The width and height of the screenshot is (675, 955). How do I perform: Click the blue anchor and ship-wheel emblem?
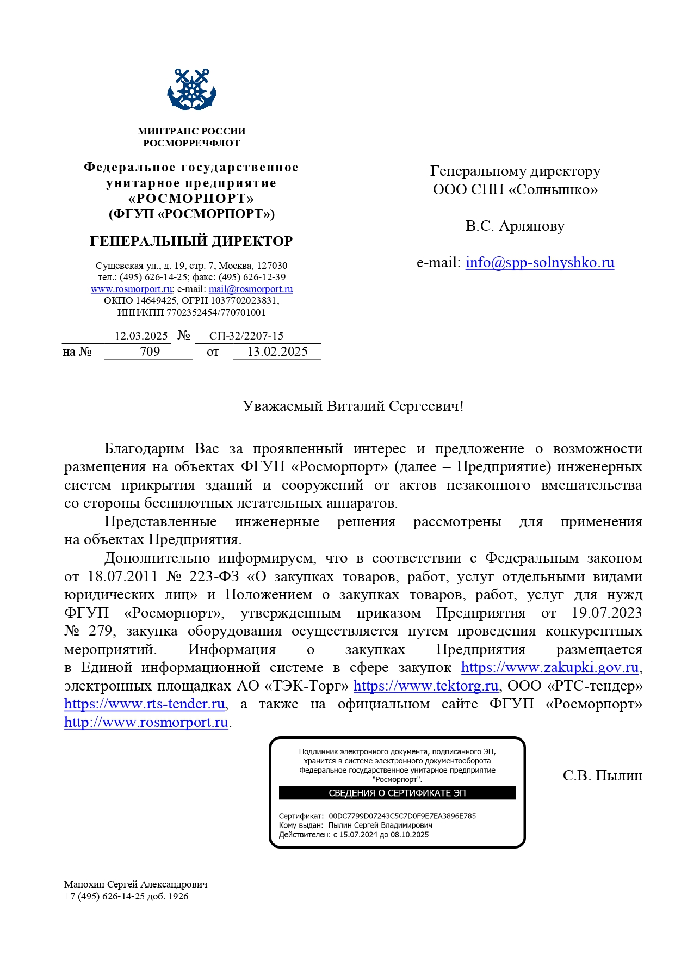tap(191, 90)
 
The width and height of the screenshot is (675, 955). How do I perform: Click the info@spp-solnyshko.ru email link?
tap(540, 262)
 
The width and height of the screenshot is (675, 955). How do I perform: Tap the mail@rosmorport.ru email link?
tap(251, 289)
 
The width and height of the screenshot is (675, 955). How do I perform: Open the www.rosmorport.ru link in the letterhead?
tap(131, 289)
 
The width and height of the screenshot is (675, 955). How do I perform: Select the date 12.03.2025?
tap(141, 336)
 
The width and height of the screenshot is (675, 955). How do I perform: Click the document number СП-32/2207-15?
tap(246, 336)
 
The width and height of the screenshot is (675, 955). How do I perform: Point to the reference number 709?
tap(150, 352)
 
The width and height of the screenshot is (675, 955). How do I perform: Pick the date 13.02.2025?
tap(277, 352)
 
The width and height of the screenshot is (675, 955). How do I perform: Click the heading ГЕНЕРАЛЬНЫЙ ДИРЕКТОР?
tap(191, 241)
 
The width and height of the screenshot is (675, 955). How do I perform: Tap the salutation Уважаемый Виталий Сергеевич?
tap(353, 406)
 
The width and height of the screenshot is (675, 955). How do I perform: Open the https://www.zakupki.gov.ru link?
tap(549, 667)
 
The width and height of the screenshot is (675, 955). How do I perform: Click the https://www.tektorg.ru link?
tap(426, 686)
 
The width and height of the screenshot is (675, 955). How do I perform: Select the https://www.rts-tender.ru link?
tap(145, 704)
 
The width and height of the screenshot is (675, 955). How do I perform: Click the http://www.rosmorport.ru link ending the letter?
tap(146, 722)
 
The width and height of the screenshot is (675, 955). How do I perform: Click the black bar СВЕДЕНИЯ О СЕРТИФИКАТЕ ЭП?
tap(397, 793)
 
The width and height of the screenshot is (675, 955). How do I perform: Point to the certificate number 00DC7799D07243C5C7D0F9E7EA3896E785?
tap(402, 816)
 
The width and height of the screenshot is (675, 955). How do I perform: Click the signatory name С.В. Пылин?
tap(602, 775)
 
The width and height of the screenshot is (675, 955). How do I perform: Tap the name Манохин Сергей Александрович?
tap(135, 884)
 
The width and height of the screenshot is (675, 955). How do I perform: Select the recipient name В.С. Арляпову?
tap(515, 226)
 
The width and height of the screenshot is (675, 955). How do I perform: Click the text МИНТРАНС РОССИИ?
tap(191, 131)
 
